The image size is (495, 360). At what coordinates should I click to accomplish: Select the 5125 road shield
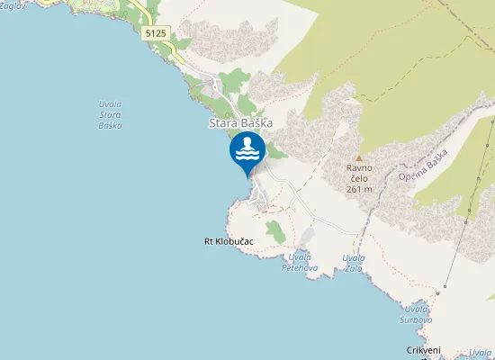pos(155,32)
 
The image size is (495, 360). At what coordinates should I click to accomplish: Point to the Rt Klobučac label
pos(229,242)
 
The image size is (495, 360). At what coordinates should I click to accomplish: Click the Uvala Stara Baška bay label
pos(111,114)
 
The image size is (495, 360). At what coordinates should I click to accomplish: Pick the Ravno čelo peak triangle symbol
pos(358,157)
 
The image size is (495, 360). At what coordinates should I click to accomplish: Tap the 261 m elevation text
pos(358,189)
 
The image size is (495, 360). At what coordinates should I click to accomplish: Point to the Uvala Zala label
pos(354,263)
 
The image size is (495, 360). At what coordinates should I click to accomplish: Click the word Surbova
pos(418,319)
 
